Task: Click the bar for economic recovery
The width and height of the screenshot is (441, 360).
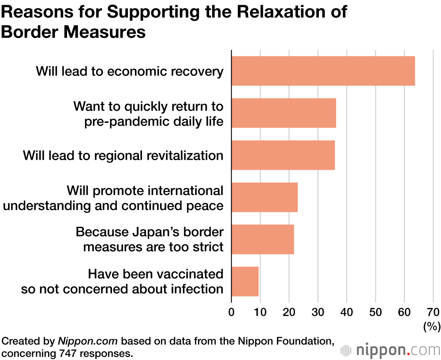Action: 323,71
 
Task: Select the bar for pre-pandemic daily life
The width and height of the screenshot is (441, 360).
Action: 284,113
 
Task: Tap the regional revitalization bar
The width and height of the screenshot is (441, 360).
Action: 283,155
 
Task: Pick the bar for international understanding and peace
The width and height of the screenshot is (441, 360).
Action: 264,197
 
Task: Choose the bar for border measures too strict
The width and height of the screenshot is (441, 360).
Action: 262,239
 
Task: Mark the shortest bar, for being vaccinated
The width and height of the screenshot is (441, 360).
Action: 245,281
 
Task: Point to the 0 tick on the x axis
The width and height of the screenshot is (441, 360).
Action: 232,312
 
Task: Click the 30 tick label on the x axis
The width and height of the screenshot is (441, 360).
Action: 318,312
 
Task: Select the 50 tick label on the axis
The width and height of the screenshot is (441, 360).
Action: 375,312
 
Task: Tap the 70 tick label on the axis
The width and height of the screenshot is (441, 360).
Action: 433,312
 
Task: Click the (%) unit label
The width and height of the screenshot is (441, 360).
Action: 432,327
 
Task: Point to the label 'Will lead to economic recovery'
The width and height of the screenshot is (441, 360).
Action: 130,71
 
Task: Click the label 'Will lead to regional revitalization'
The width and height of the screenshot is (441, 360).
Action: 123,155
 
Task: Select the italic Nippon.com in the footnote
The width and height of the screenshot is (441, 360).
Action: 88,341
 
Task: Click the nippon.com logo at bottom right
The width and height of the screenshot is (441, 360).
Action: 391,350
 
